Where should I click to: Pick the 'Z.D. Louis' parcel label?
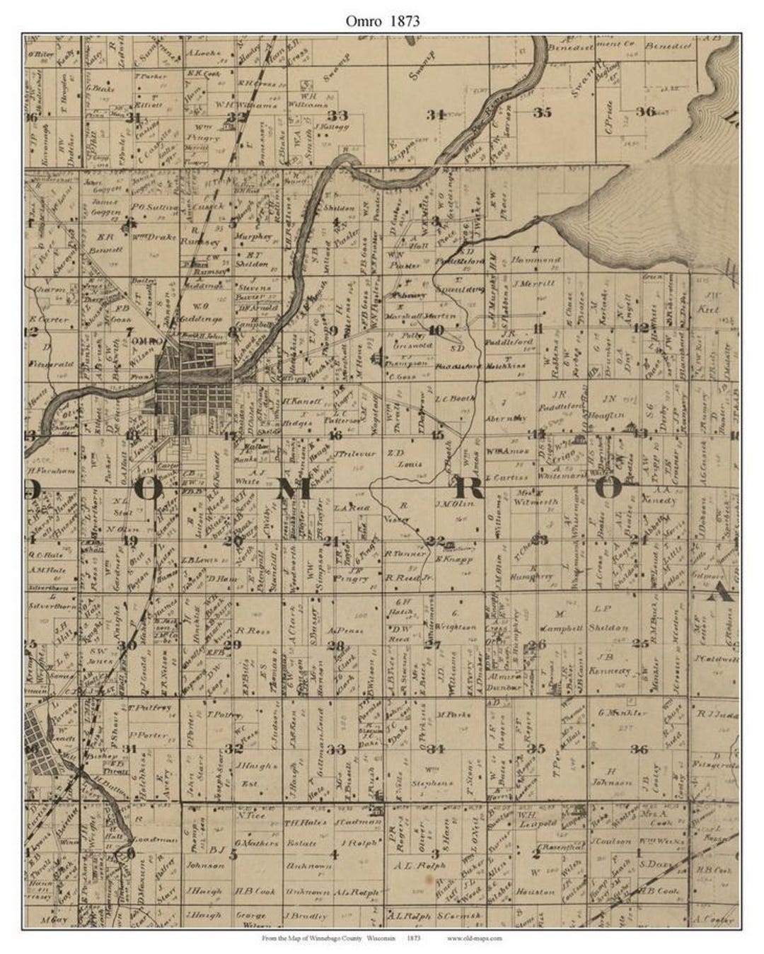tap(401, 458)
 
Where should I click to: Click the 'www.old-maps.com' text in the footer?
tap(475, 938)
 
